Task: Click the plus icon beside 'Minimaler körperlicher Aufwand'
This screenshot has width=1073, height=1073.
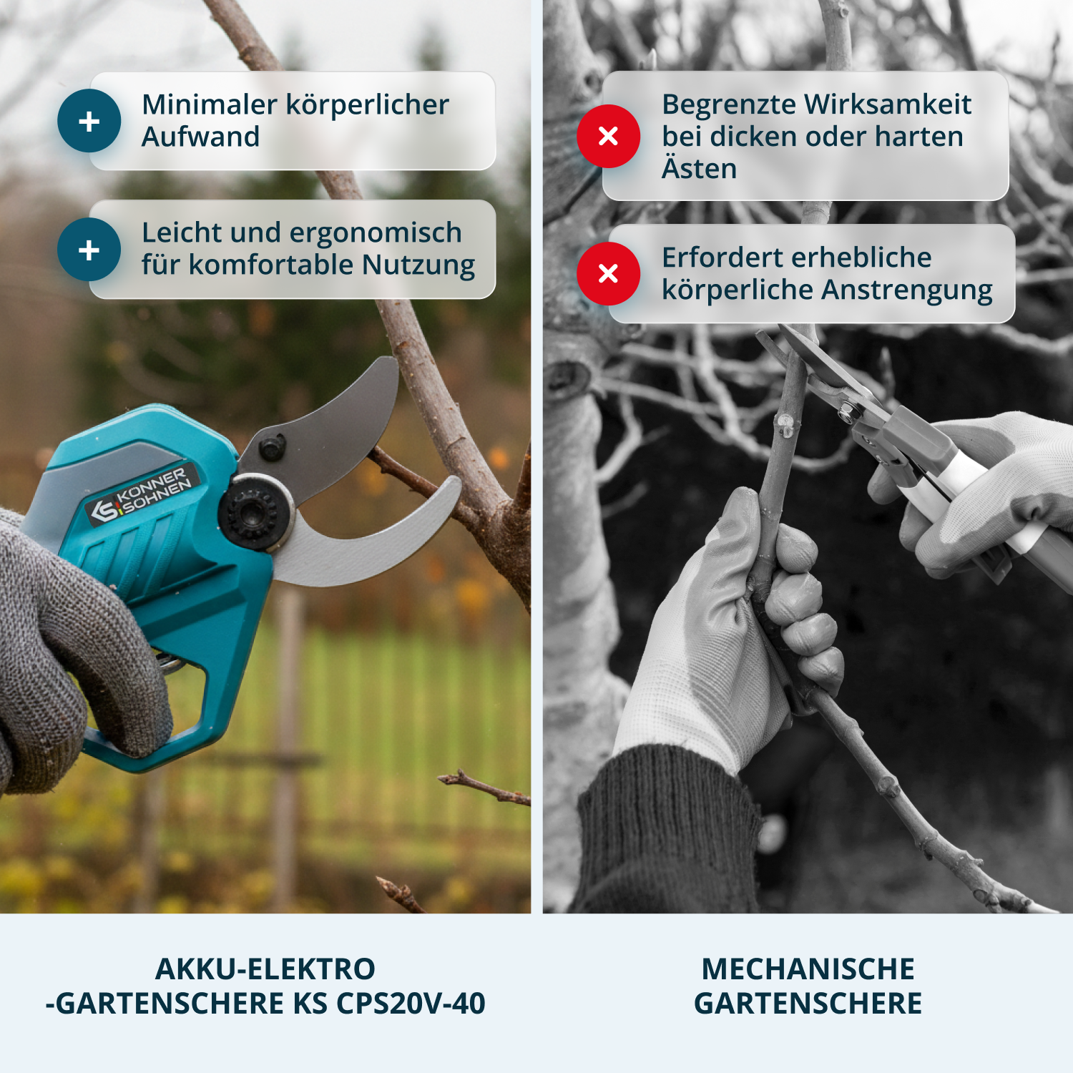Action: click(89, 121)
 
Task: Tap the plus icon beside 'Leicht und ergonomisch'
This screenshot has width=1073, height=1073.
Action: click(89, 250)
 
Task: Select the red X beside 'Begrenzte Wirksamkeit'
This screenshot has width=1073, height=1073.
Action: click(608, 136)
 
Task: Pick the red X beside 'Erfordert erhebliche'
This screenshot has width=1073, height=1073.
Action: click(608, 273)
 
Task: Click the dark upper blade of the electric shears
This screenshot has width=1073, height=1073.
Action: click(336, 429)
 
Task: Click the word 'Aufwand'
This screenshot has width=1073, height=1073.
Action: click(200, 137)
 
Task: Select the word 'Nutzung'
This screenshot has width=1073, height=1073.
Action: click(418, 265)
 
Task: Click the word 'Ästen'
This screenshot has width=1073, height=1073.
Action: click(699, 169)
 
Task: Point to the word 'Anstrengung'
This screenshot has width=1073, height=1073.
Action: click(907, 290)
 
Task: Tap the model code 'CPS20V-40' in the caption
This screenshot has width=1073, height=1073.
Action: click(411, 1003)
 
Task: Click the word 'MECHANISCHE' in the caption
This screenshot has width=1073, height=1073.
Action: click(808, 969)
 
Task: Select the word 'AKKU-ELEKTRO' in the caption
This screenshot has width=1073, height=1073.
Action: click(265, 969)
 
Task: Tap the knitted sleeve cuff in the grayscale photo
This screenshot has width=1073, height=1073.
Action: click(665, 830)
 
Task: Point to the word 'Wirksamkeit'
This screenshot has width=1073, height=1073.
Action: click(887, 104)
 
